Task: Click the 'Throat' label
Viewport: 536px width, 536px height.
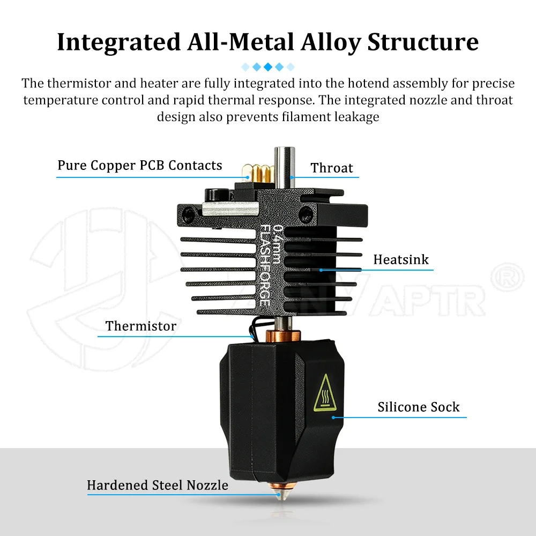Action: tap(332, 168)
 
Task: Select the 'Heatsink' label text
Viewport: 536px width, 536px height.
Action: tap(400, 259)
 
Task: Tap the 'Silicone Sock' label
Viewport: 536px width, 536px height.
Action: tap(419, 407)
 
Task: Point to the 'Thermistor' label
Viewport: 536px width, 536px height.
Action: tap(141, 326)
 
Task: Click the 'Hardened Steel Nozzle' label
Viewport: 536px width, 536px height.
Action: tap(157, 485)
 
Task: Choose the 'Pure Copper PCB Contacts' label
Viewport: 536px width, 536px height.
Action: tap(140, 165)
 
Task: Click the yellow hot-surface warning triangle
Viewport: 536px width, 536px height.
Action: tap(325, 392)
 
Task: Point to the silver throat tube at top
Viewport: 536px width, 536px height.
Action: tap(285, 167)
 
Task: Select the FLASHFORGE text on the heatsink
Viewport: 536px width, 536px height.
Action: tap(265, 265)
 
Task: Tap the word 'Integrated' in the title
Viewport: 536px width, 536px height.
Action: tap(118, 42)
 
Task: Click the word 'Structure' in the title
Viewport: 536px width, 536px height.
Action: tap(423, 42)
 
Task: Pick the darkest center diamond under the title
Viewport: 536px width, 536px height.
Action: tap(268, 66)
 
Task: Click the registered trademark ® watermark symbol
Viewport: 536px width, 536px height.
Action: tap(507, 277)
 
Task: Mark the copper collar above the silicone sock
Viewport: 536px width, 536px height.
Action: tap(284, 336)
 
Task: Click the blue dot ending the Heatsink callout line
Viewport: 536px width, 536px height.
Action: tap(321, 270)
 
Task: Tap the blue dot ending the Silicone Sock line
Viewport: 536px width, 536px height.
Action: tap(333, 418)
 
